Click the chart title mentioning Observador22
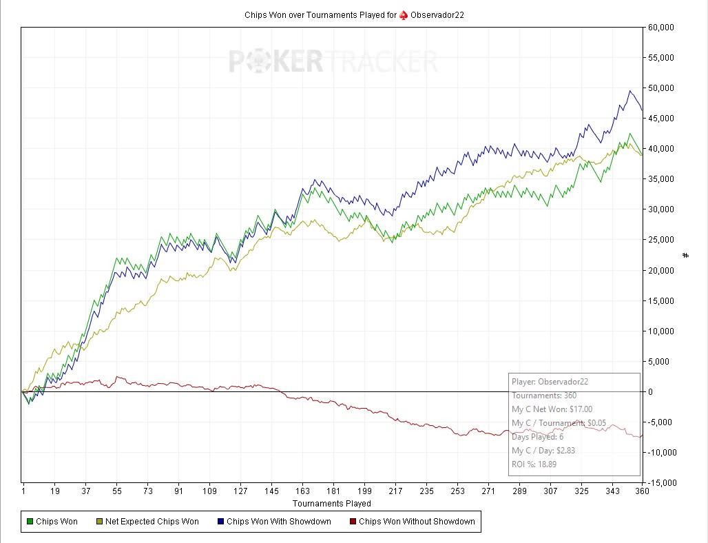(354, 15)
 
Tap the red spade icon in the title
(403, 15)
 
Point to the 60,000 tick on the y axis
(660, 28)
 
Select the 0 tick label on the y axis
(650, 391)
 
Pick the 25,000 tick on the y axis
(660, 240)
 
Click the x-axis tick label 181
(333, 491)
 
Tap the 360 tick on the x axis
(642, 491)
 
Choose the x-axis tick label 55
(117, 491)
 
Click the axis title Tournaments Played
(332, 503)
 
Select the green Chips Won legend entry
(52, 522)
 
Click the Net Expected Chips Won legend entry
(147, 522)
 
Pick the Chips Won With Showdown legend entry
(275, 522)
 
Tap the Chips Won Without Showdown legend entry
(413, 522)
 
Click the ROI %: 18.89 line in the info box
(534, 464)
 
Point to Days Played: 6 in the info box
(537, 436)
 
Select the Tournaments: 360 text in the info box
(544, 396)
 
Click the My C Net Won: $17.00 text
(552, 409)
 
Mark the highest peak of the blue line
(630, 91)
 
